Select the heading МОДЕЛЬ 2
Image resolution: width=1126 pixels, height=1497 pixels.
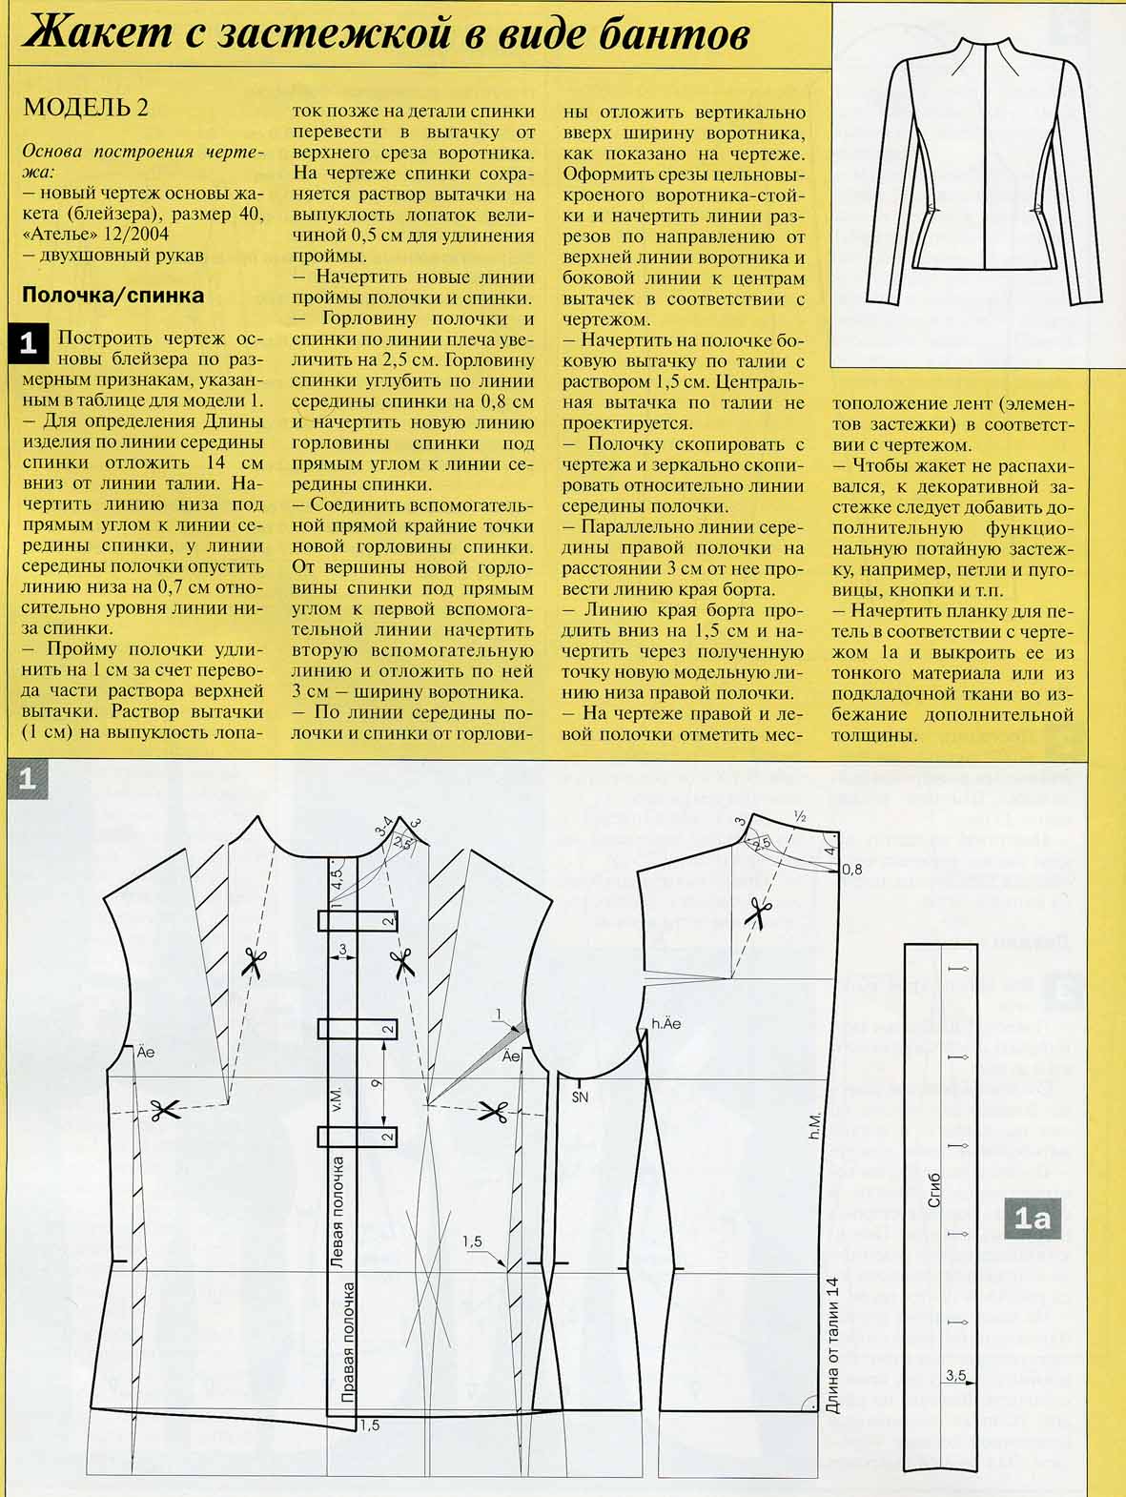pyautogui.click(x=86, y=106)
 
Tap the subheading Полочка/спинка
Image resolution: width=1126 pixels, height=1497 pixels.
pyautogui.click(x=113, y=296)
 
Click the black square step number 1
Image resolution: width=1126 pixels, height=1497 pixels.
pyautogui.click(x=28, y=343)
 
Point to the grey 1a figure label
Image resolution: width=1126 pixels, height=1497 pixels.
pyautogui.click(x=1032, y=1219)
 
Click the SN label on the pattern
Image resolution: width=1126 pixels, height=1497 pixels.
pyautogui.click(x=580, y=1097)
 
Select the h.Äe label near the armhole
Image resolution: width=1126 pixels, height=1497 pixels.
pyautogui.click(x=666, y=1024)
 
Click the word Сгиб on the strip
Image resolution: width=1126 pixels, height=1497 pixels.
pyautogui.click(x=934, y=1191)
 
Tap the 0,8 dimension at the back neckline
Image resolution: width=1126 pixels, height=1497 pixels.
pyautogui.click(x=851, y=869)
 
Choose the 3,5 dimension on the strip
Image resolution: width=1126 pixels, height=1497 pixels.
pyautogui.click(x=955, y=1375)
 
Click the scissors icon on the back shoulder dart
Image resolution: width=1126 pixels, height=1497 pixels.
pyautogui.click(x=758, y=913)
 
